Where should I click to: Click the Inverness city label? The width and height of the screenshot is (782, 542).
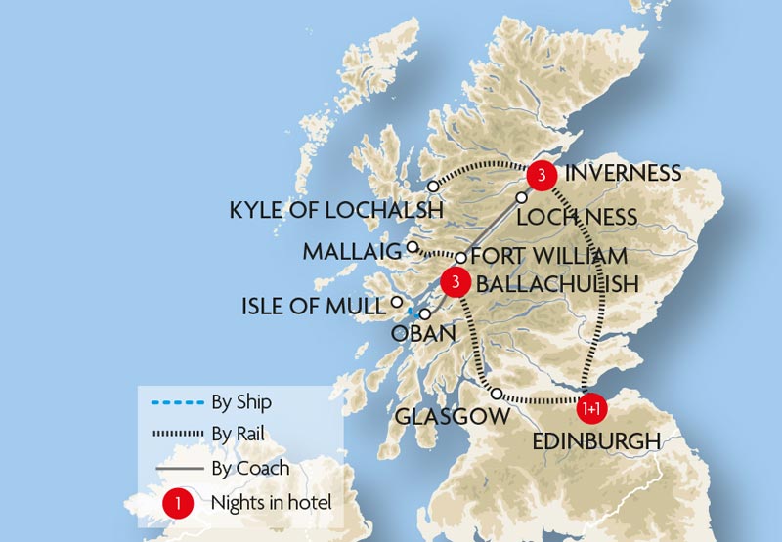coord(623,173)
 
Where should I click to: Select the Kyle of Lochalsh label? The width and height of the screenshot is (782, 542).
coord(335,210)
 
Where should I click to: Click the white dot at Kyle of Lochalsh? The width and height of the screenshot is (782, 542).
coord(433,187)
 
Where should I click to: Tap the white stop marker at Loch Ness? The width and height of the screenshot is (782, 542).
coord(521,197)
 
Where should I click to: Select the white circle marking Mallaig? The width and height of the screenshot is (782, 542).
coord(413,247)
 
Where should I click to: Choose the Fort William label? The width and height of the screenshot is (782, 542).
coord(548,257)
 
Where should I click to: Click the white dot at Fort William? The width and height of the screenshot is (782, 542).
coord(460,258)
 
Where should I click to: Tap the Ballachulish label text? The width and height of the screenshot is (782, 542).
coord(556,284)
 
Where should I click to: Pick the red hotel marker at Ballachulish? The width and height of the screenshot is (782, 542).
coord(455,282)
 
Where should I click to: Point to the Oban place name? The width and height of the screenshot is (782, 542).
coord(423,334)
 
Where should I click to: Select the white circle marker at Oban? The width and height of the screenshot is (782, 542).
coord(425,314)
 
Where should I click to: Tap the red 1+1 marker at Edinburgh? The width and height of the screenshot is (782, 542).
coord(590,405)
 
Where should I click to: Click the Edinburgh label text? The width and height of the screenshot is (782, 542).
coord(595,441)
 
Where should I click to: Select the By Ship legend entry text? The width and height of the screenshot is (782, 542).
coord(241,401)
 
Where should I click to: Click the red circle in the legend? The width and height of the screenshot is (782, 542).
coord(177,503)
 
